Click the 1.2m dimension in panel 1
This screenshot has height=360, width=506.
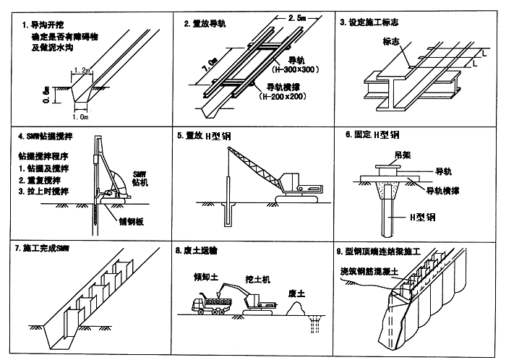pos(82,71)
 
